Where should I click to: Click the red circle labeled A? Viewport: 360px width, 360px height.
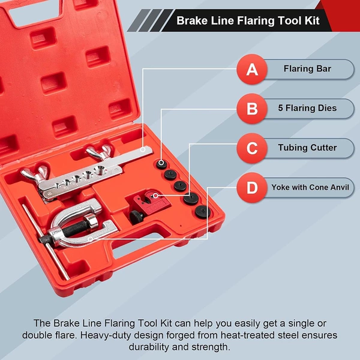point(252,70)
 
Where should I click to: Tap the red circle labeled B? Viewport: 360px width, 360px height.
point(252,109)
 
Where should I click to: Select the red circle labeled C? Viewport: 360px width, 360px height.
point(252,148)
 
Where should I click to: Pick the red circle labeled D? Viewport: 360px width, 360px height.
point(252,188)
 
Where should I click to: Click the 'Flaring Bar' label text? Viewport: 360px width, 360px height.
point(307,68)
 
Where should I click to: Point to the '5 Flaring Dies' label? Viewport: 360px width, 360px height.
point(307,108)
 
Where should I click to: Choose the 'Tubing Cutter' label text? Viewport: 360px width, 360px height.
point(307,148)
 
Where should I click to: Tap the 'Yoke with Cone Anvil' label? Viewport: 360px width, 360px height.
point(310,187)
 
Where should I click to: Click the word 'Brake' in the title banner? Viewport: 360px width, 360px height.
point(192,20)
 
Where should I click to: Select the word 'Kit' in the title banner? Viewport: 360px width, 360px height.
point(312,20)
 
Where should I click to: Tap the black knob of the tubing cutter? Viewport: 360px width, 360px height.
point(136,217)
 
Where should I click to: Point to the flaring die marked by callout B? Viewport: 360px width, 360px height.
point(161,164)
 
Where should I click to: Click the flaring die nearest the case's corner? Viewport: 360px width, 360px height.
point(203,212)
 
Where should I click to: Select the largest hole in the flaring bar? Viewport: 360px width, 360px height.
point(100,170)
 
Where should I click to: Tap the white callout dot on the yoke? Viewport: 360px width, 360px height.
point(91,239)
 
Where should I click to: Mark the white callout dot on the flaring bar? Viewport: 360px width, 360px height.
point(143,149)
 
